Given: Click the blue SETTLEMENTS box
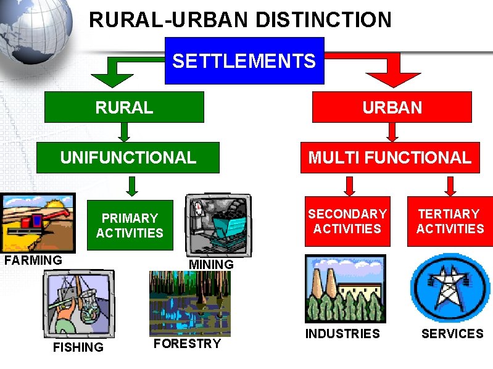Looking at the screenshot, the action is [x=244, y=60].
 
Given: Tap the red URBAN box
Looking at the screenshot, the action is [x=392, y=107].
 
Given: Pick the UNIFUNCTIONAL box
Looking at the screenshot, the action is [x=128, y=157].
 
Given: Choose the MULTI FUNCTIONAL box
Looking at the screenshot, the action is [x=389, y=157].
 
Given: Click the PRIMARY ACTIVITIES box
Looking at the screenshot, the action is [x=130, y=225].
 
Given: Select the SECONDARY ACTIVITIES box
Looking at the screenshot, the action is [x=347, y=221].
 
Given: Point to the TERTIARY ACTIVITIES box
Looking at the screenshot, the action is [x=449, y=221].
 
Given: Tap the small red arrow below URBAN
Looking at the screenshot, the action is [x=392, y=132].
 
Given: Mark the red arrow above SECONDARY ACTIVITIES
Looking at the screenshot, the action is [x=349, y=185].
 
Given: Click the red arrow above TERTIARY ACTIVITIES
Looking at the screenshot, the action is [x=450, y=185].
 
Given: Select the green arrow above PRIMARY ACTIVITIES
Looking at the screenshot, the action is [x=131, y=185].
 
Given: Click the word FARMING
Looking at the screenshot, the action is [x=33, y=260].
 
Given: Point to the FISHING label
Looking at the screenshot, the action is [x=78, y=347].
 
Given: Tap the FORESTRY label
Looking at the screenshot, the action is [x=187, y=344].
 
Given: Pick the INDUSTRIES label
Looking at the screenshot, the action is [x=343, y=334].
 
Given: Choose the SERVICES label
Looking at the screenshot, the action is [x=452, y=334].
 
